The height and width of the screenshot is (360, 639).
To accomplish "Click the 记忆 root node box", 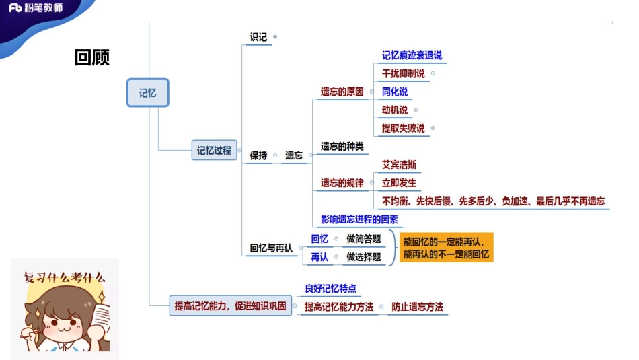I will (x=147, y=93).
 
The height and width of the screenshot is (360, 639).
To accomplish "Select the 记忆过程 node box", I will (x=213, y=150).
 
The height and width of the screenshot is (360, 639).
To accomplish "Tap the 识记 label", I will (x=258, y=38).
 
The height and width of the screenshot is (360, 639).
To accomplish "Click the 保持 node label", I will (x=258, y=155).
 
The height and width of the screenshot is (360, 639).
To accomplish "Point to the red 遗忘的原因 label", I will (x=342, y=92).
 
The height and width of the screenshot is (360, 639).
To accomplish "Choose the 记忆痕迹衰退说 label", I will (x=412, y=56).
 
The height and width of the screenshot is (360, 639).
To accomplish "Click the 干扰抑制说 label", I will (x=403, y=74).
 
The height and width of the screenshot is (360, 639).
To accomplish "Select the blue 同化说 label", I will (x=394, y=92).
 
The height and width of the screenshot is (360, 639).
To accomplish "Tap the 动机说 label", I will (x=394, y=110).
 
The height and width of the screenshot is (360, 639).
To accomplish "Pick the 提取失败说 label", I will (x=403, y=129).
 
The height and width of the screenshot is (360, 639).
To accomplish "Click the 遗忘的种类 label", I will (x=342, y=147).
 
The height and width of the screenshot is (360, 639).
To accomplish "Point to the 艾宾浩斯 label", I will (x=399, y=165).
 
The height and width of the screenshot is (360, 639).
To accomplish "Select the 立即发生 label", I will (x=399, y=183).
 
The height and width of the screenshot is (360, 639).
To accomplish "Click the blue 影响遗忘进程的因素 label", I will (x=359, y=219).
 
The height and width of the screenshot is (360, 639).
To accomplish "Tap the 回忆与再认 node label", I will (x=271, y=248).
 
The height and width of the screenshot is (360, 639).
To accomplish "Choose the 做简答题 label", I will (x=363, y=239).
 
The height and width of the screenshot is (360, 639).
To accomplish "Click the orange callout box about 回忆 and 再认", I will (x=447, y=248).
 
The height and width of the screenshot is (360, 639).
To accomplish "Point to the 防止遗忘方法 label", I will (x=417, y=307).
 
